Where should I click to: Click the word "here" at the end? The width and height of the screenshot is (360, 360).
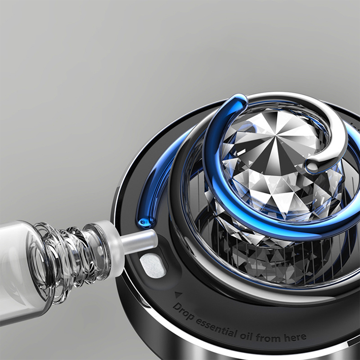(296, 337)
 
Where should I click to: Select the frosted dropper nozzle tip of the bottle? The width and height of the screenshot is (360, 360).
(141, 241)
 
